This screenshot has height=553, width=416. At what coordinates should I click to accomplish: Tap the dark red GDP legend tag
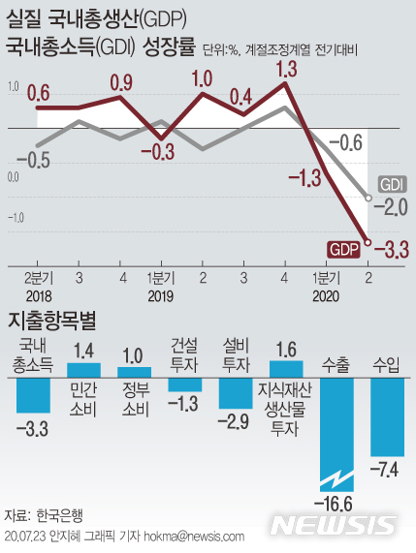[342, 250]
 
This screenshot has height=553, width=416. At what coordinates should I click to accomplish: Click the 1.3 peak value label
[285, 69]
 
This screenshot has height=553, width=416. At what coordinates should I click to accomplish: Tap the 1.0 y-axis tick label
[14, 87]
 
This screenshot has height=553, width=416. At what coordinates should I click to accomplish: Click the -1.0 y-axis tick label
[14, 218]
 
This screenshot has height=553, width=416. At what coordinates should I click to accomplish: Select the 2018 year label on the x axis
[40, 296]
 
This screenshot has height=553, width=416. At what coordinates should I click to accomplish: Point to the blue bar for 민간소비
[82, 369]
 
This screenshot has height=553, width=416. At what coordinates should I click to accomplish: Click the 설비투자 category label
[236, 353]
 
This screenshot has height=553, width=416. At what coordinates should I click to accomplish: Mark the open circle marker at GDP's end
[368, 243]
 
